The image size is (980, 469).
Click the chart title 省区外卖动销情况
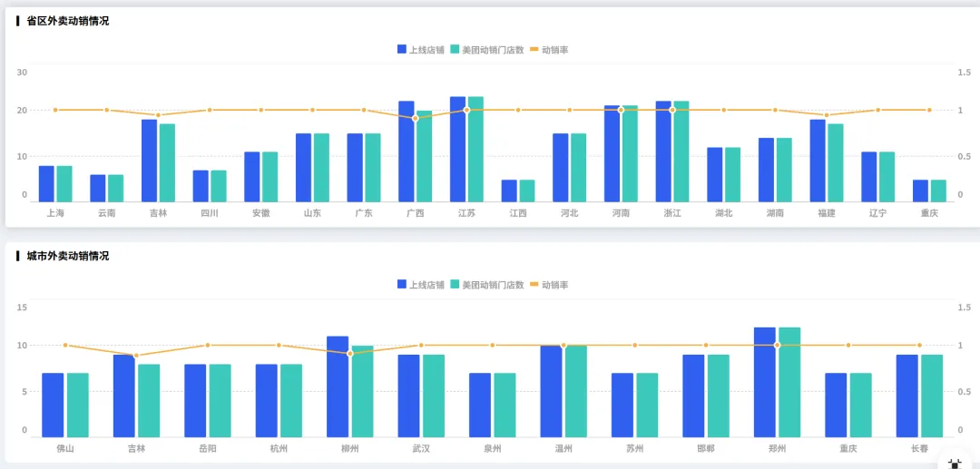(x=67, y=21)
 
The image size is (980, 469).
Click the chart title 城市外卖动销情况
(x=67, y=256)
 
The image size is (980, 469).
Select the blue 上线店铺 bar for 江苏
(x=457, y=149)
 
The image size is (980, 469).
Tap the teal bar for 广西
(x=425, y=155)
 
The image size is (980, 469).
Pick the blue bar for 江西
(x=509, y=191)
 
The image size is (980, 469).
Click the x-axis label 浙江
(x=672, y=213)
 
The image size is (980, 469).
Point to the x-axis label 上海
(x=55, y=213)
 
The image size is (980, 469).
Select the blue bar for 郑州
(x=765, y=382)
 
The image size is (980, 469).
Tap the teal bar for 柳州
(x=363, y=391)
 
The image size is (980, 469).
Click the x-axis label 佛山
(x=65, y=448)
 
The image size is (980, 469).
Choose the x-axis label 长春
(x=919, y=448)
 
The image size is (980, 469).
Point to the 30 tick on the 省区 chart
(x=22, y=73)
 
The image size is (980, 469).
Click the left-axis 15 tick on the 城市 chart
(x=22, y=308)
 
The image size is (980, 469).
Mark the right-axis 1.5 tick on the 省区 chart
(x=964, y=73)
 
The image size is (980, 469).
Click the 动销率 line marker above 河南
(x=621, y=110)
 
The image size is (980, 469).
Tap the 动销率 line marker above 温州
(x=563, y=345)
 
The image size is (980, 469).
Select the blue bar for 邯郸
(x=694, y=396)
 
